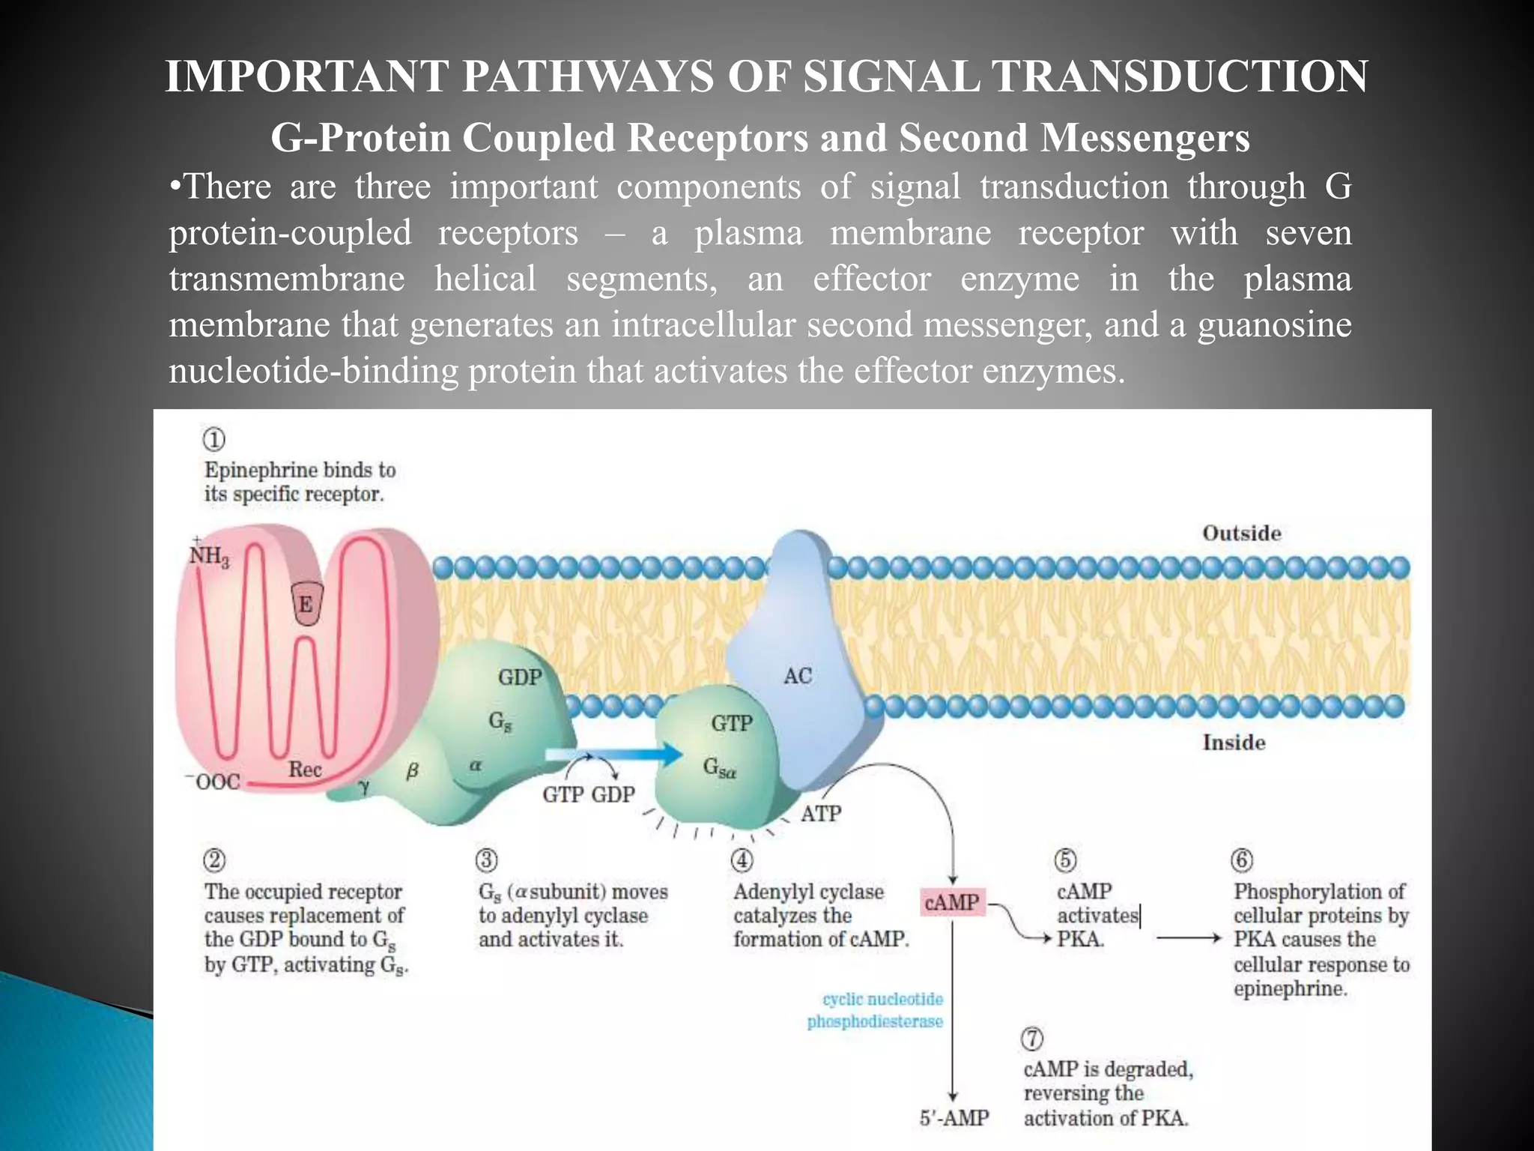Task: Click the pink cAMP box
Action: point(951,902)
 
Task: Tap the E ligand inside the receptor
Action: point(306,604)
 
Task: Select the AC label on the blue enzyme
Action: point(797,676)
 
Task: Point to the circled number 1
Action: point(214,439)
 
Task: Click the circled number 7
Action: point(1032,1039)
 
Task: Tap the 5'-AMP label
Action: point(954,1118)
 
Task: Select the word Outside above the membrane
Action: point(1241,534)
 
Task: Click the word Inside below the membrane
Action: point(1234,743)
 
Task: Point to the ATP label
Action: point(821,813)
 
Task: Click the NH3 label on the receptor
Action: point(209,555)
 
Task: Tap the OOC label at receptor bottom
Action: point(214,782)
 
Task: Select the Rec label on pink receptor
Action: point(305,770)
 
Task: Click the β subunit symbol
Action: point(412,770)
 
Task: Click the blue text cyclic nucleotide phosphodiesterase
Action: point(875,1010)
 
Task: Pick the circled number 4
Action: point(742,860)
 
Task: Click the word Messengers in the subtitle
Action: point(1145,138)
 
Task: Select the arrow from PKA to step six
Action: point(1189,938)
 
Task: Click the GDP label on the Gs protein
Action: point(519,677)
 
